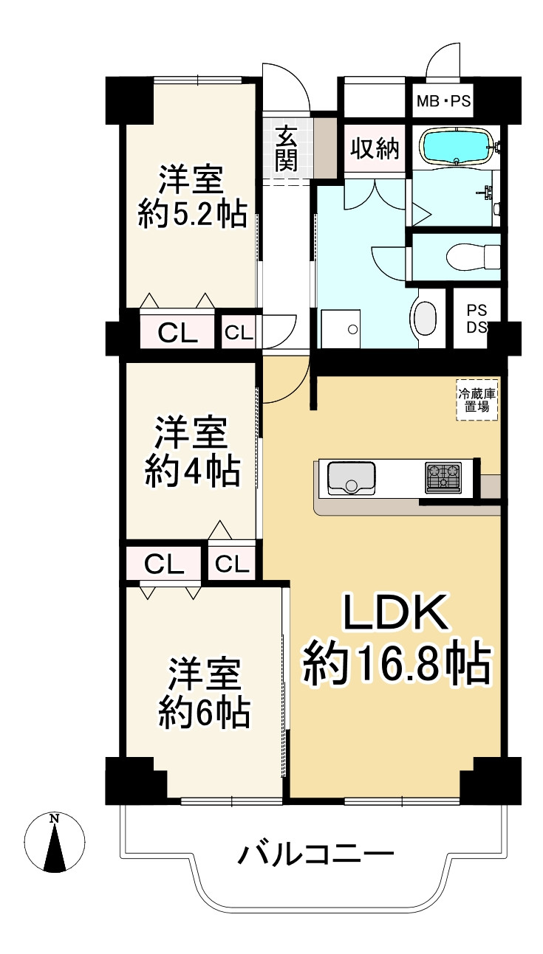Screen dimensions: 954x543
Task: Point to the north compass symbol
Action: (x=54, y=843)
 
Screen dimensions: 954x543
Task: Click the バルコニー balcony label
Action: (x=315, y=857)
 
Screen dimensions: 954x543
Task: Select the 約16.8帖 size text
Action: (x=397, y=663)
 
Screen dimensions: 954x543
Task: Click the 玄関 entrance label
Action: (x=287, y=149)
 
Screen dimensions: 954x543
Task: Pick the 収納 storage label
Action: (x=375, y=149)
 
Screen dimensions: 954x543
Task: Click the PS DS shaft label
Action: (x=476, y=317)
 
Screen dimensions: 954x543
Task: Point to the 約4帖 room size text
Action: (x=192, y=471)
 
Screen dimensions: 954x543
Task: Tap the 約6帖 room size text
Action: (x=205, y=713)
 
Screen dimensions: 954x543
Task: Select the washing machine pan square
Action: (x=340, y=328)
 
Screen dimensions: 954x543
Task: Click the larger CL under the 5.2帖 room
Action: (x=178, y=333)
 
